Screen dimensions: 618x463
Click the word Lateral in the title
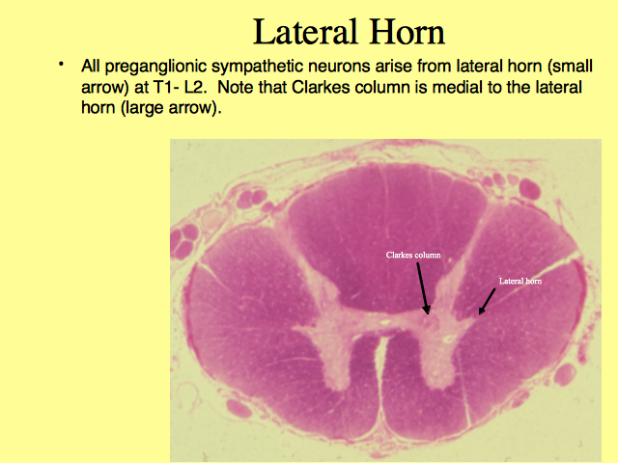point(305,32)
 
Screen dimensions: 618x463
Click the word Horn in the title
point(407,32)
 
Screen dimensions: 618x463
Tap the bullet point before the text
point(61,64)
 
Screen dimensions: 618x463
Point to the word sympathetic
point(258,67)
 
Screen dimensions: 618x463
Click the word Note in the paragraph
point(236,88)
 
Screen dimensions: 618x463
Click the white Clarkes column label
point(413,255)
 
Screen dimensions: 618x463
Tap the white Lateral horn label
point(520,281)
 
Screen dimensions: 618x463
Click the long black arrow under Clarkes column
point(423,288)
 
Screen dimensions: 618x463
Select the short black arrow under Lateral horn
point(487,302)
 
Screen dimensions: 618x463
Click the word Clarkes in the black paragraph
point(321,88)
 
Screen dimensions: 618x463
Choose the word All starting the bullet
point(90,67)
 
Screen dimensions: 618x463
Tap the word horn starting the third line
point(98,107)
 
